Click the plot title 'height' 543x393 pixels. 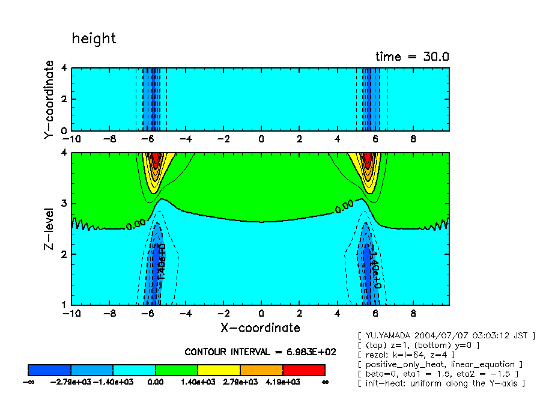tap(94, 38)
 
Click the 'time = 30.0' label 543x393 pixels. tap(412, 56)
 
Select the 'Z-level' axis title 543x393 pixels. tap(49, 229)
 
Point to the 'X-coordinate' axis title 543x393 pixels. tap(259, 327)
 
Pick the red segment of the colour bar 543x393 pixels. tap(303, 370)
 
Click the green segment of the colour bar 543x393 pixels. tap(177, 370)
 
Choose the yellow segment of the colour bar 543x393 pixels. tap(219, 370)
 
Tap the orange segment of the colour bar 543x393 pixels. tap(261, 370)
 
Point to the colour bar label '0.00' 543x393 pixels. tap(156, 382)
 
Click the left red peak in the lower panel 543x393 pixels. tap(156, 160)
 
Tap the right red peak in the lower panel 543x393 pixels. tap(368, 160)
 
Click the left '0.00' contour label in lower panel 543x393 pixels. tap(135, 225)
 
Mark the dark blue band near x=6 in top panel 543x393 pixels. tap(372, 99)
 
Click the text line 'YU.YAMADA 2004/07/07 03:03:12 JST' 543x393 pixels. tap(446, 335)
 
